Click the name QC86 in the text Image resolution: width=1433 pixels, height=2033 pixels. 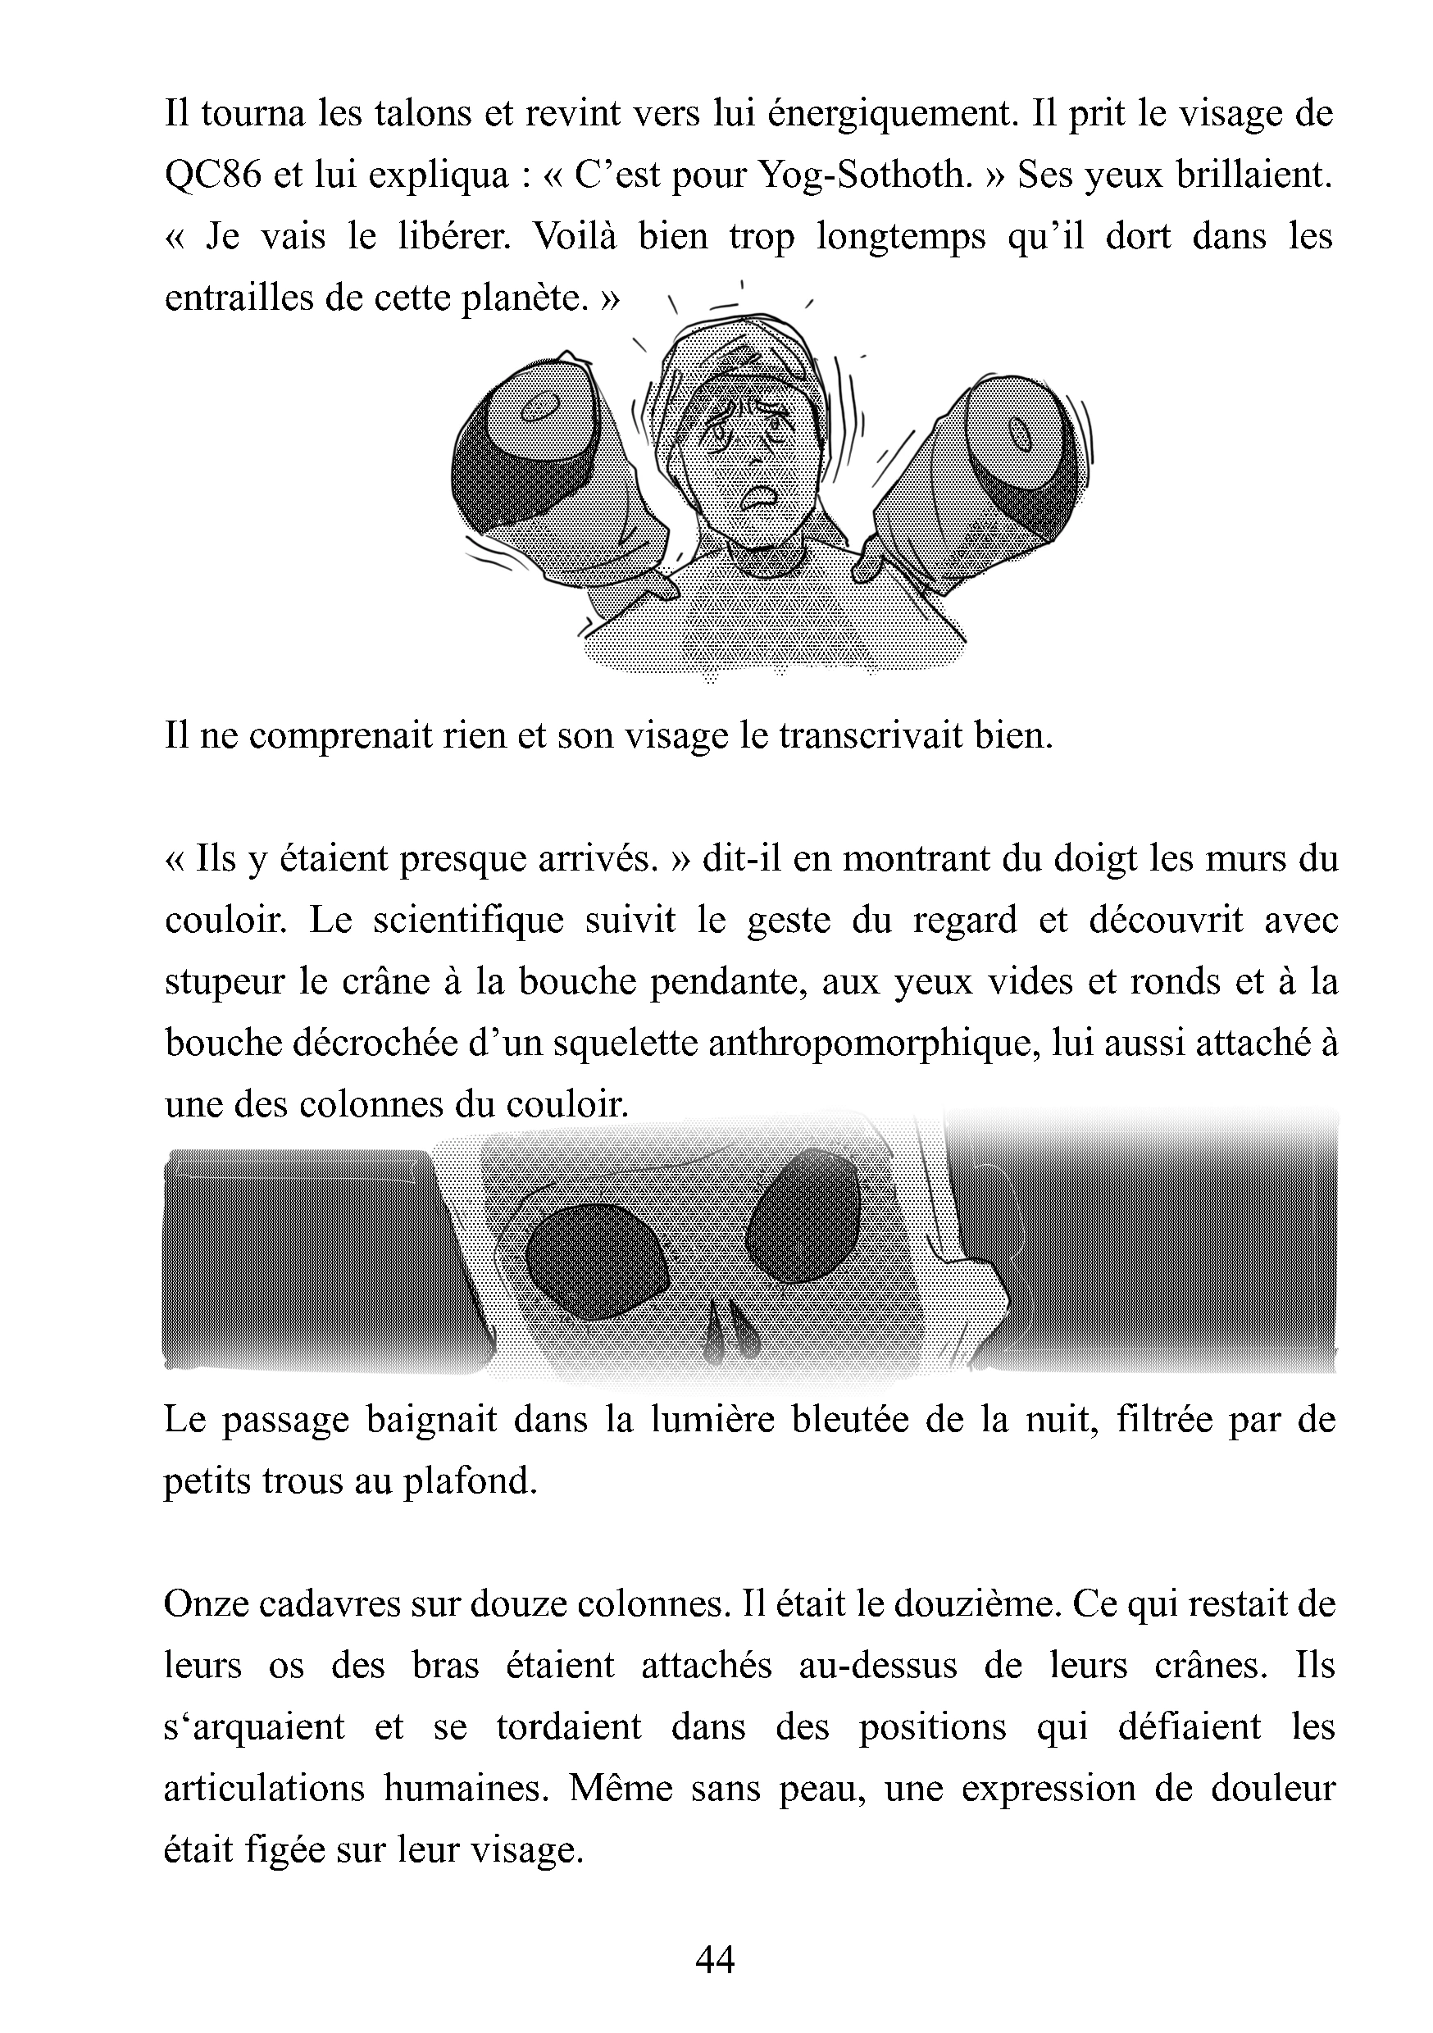(x=213, y=176)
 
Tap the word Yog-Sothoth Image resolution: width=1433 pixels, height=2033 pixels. (x=862, y=175)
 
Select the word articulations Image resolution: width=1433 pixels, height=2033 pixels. (x=264, y=1789)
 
